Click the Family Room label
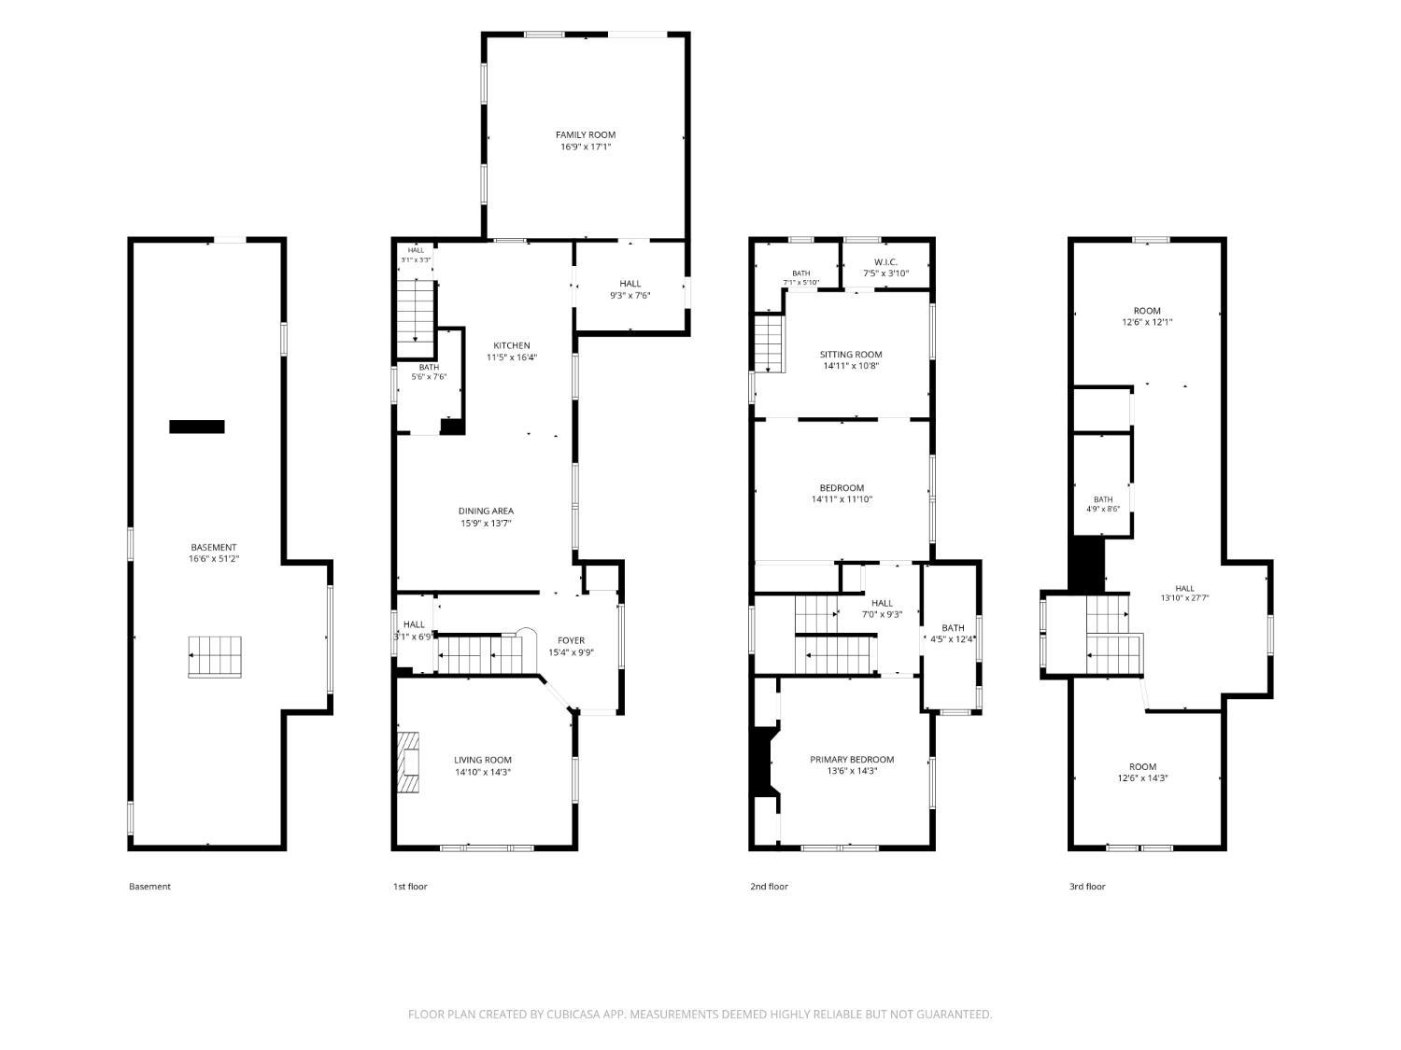(x=586, y=135)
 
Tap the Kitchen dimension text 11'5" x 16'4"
(x=512, y=357)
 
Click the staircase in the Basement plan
(x=215, y=657)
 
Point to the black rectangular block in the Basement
(x=196, y=427)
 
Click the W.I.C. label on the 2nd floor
(x=886, y=262)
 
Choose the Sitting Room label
(x=851, y=355)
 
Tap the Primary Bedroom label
(x=852, y=760)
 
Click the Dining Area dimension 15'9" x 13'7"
(x=487, y=524)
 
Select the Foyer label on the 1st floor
(x=572, y=640)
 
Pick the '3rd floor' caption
(x=1087, y=886)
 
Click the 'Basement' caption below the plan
(x=150, y=886)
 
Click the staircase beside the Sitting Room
(x=769, y=344)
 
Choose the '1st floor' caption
(x=410, y=886)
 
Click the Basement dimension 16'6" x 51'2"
(x=214, y=559)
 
